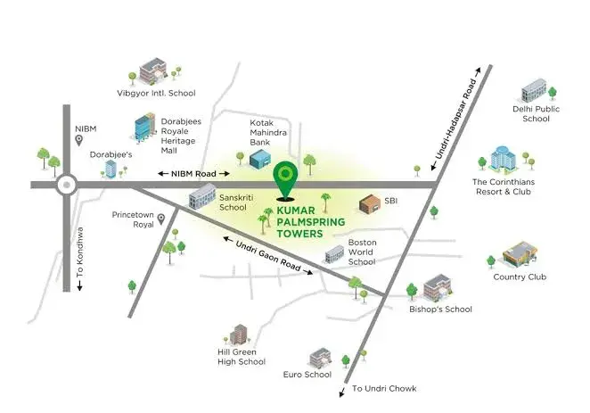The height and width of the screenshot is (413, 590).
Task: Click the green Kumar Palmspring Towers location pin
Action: [x=285, y=180]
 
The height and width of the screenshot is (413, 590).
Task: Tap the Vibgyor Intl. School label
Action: [x=156, y=93]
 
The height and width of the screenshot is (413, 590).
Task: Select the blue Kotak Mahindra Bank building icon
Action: [x=260, y=159]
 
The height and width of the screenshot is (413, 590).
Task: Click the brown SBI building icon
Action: [x=370, y=204]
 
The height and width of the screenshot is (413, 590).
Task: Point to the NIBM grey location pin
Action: [x=79, y=140]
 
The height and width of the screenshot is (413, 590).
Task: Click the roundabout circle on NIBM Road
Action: [x=67, y=185]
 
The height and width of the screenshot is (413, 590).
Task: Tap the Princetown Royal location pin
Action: [x=161, y=219]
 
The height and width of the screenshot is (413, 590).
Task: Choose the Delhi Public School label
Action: [x=536, y=113]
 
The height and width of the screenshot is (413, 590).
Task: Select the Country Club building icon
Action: [x=520, y=253]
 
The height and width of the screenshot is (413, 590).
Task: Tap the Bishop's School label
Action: [x=440, y=310]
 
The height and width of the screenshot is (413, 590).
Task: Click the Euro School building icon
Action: [x=320, y=358]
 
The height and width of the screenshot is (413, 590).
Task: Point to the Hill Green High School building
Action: [x=238, y=334]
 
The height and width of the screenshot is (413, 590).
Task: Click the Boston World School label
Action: [x=362, y=252]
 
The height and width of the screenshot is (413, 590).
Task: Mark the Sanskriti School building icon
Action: [x=202, y=195]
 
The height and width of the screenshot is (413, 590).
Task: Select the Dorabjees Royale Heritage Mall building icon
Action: [x=145, y=127]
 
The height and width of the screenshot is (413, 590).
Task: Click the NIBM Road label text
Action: [x=193, y=174]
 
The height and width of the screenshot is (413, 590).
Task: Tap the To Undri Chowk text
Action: [x=384, y=389]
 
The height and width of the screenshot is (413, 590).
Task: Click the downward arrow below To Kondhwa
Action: [x=80, y=286]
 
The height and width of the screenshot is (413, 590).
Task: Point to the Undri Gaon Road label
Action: [x=268, y=256]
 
